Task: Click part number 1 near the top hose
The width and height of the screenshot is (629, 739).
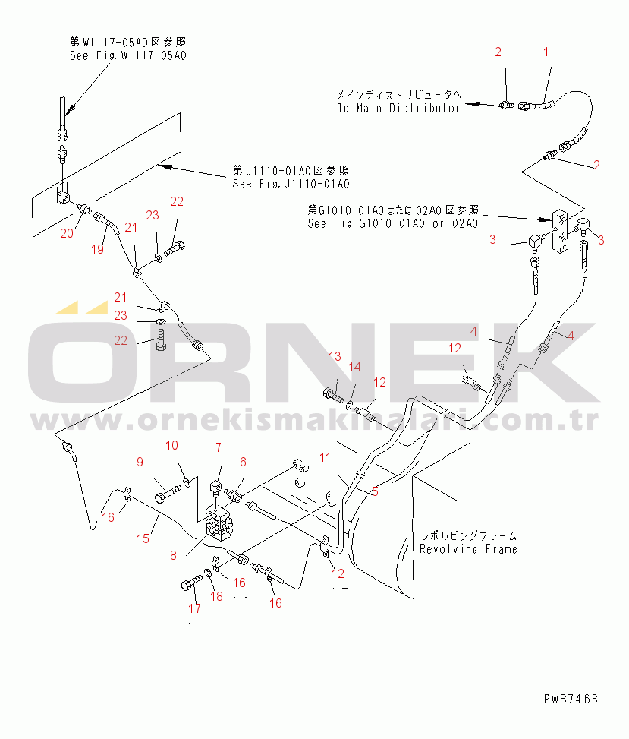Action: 545,52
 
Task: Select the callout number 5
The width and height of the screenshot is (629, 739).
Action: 375,491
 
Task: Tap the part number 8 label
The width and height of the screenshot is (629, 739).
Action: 173,555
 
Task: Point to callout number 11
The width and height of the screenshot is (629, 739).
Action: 325,457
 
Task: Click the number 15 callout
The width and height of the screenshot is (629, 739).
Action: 143,538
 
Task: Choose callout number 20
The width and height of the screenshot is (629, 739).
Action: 67,233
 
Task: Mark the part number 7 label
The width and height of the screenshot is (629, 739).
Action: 218,447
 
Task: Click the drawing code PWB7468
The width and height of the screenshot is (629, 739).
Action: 570,698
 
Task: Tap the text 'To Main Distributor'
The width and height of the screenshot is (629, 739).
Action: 398,108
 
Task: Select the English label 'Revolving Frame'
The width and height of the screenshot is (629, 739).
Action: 468,548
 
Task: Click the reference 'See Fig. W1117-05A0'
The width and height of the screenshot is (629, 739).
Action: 128,55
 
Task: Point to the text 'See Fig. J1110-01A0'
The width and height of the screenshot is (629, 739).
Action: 291,184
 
